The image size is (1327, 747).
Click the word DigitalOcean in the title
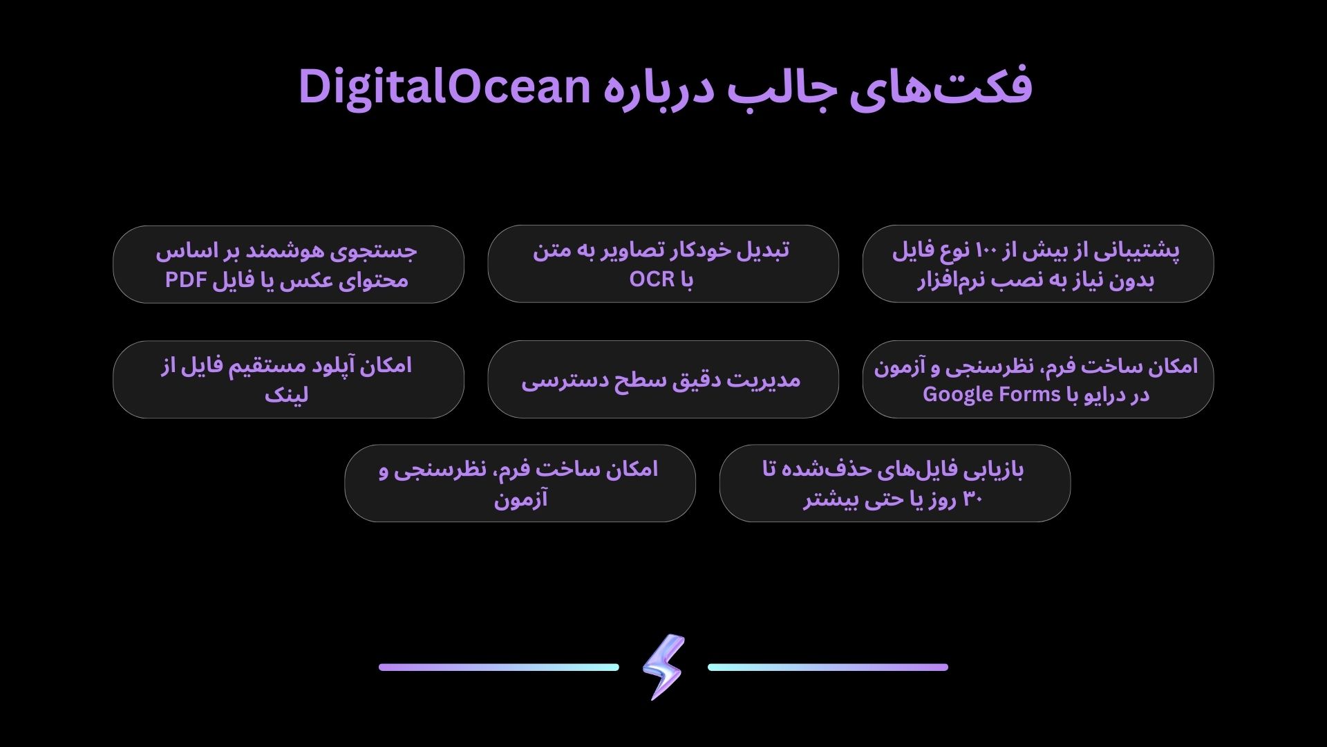pyautogui.click(x=444, y=87)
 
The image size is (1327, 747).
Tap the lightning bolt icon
pyautogui.click(x=663, y=667)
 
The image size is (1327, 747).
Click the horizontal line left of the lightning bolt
pyautogui.click(x=499, y=667)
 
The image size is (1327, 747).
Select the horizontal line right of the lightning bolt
pyautogui.click(x=828, y=667)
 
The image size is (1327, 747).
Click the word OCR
pyautogui.click(x=652, y=279)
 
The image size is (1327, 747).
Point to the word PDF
pyautogui.click(x=187, y=280)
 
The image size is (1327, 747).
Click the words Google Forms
pyautogui.click(x=992, y=394)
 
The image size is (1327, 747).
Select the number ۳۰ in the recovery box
pyautogui.click(x=972, y=499)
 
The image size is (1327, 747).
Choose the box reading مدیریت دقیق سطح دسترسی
pyautogui.click(x=663, y=379)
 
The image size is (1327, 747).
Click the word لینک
pyautogui.click(x=286, y=395)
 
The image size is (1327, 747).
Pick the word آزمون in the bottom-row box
pyautogui.click(x=520, y=499)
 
